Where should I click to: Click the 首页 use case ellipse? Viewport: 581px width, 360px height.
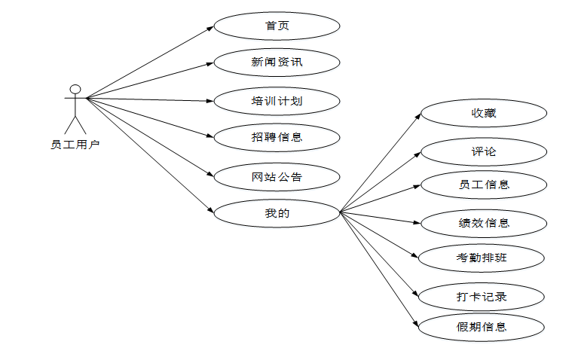tap(277, 26)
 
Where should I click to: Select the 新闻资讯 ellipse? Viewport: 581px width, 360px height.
tap(277, 62)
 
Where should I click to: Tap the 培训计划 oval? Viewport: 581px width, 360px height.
tap(277, 99)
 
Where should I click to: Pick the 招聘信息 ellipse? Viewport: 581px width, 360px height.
tap(277, 137)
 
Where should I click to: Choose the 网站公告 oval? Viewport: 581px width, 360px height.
tap(277, 177)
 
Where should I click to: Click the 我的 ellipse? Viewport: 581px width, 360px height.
tap(277, 213)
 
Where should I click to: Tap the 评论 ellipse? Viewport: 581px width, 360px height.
tap(483, 151)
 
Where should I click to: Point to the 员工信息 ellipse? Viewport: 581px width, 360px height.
tap(483, 185)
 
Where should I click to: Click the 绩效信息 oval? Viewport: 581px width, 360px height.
tap(483, 223)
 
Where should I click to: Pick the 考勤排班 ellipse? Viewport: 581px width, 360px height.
tap(482, 258)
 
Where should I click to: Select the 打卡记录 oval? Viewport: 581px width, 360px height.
tap(482, 296)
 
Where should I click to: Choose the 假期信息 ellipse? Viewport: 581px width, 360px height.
tap(482, 327)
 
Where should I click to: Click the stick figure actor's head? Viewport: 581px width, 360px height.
tap(75, 89)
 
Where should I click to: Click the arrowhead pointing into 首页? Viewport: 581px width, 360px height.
tap(211, 29)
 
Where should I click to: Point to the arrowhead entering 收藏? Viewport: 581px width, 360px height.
tap(418, 115)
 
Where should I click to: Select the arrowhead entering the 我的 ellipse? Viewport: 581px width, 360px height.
tap(212, 210)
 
